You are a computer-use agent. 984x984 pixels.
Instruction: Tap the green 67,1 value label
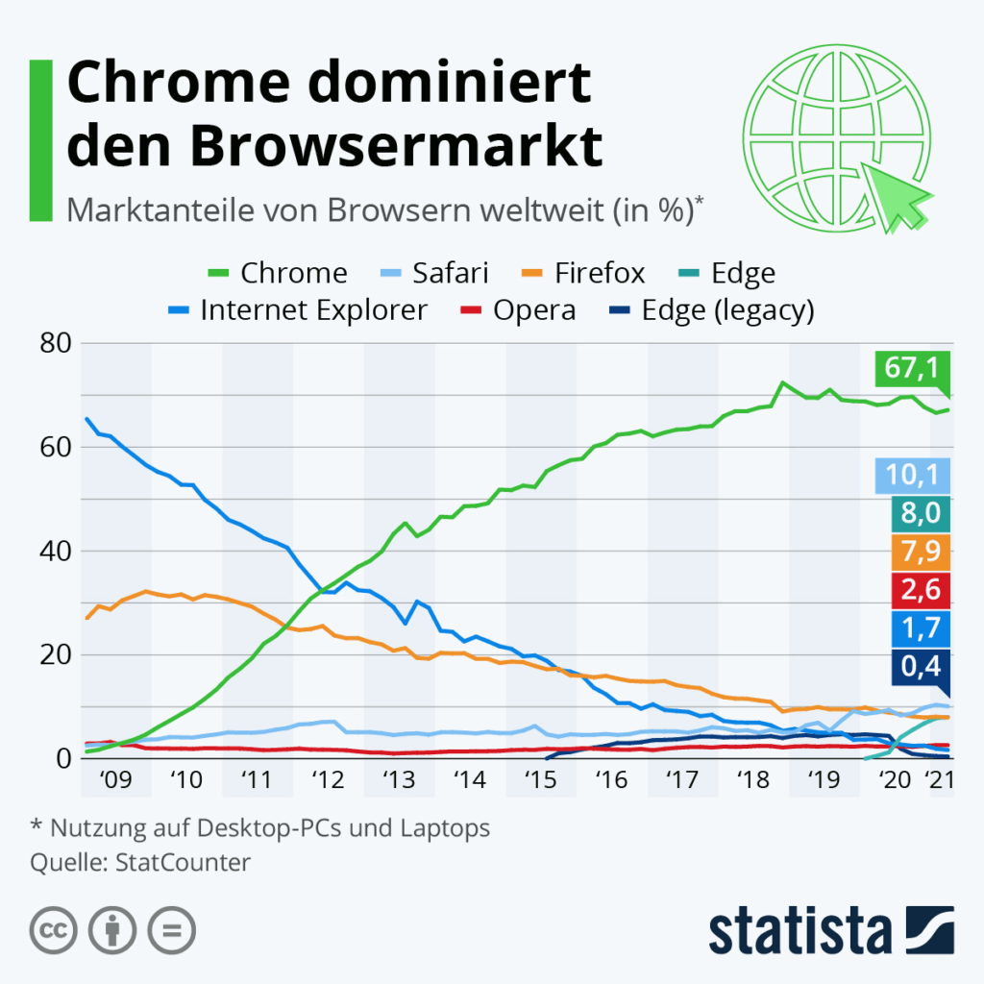point(912,368)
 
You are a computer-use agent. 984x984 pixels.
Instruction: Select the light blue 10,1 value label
point(912,475)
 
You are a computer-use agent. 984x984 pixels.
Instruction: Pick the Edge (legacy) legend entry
point(710,310)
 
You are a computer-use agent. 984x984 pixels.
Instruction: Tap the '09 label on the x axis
point(115,780)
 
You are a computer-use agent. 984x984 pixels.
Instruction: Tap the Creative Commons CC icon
point(55,930)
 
